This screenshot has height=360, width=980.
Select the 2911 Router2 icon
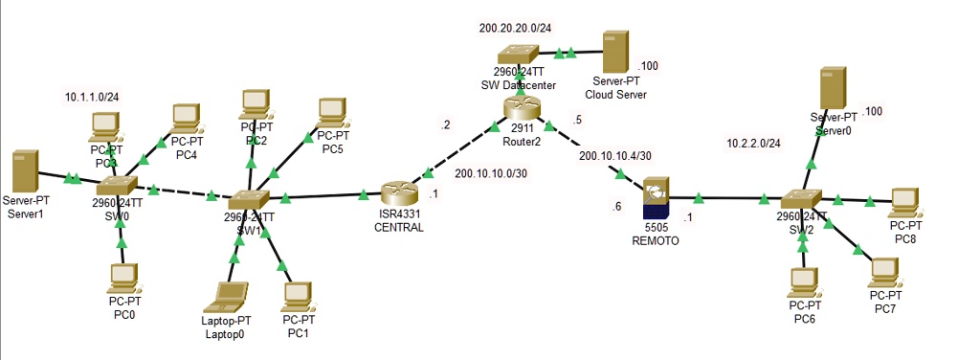click(x=523, y=110)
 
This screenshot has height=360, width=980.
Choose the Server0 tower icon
click(x=834, y=90)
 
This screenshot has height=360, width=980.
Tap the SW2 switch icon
click(x=801, y=200)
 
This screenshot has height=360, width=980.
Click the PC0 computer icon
click(x=123, y=279)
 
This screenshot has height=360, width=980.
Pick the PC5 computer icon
click(x=331, y=112)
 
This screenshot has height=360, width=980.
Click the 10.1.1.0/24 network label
click(x=91, y=98)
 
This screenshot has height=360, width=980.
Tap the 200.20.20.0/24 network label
click(x=515, y=28)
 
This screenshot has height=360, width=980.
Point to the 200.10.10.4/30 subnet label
click(x=615, y=155)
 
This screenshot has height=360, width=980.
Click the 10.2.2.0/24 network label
click(x=754, y=144)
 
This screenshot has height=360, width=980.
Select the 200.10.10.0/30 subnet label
click(x=491, y=174)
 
